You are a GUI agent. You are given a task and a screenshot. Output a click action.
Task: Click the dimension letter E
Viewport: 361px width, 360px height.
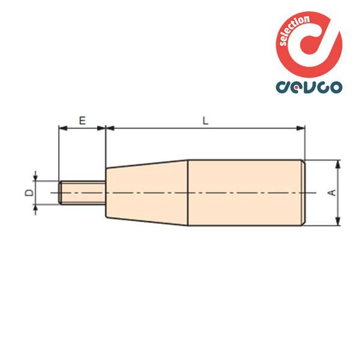pos(82,120)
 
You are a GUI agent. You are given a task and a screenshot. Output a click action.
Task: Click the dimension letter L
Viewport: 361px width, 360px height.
pos(205,120)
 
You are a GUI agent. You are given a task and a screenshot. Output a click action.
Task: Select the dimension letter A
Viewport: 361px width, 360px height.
pos(330,193)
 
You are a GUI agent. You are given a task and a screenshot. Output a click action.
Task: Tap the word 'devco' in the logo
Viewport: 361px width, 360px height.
pos(309,85)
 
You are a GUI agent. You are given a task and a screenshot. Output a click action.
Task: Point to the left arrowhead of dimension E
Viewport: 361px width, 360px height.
pos(61,128)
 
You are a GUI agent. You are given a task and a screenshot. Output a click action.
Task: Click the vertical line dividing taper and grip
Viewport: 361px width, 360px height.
pos(189,193)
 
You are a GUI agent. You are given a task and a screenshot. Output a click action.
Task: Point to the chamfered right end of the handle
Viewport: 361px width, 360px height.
pos(303,193)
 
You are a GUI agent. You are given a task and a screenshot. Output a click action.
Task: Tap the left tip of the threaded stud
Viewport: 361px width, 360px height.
pos(61,193)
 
